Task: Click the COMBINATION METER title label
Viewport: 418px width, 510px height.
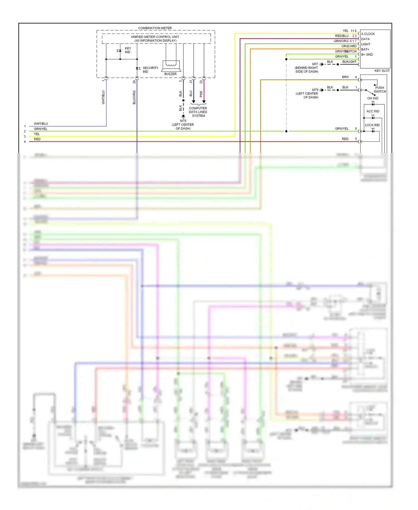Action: (x=155, y=28)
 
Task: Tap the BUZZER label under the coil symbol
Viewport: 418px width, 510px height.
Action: (x=170, y=74)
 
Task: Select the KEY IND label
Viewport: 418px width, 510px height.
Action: (x=128, y=50)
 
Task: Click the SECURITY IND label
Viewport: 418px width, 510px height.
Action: (x=150, y=70)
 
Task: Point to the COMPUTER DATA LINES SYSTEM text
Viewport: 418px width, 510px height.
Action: (x=198, y=112)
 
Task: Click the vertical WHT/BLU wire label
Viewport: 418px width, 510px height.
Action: (x=103, y=97)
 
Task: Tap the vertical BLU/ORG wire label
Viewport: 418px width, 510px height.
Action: (x=134, y=97)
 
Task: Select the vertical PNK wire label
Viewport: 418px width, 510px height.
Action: (x=201, y=94)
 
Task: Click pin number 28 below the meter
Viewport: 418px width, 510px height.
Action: (x=134, y=82)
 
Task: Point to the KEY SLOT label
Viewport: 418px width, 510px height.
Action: (x=382, y=71)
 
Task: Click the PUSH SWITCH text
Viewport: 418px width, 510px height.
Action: (x=380, y=90)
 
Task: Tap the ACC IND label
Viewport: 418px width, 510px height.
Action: (x=373, y=111)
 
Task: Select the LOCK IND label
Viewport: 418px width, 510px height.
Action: (x=372, y=125)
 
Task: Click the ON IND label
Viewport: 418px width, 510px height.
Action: (x=373, y=98)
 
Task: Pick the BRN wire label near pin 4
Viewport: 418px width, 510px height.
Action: (x=345, y=77)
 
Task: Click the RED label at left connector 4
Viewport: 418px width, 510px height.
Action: (x=37, y=139)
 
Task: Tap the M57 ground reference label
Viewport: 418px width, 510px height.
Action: (x=315, y=64)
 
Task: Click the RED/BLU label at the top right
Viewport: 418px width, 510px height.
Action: (x=342, y=36)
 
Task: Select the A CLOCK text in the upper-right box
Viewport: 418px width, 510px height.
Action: (x=368, y=34)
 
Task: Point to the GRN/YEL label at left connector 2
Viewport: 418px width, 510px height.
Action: (x=41, y=129)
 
